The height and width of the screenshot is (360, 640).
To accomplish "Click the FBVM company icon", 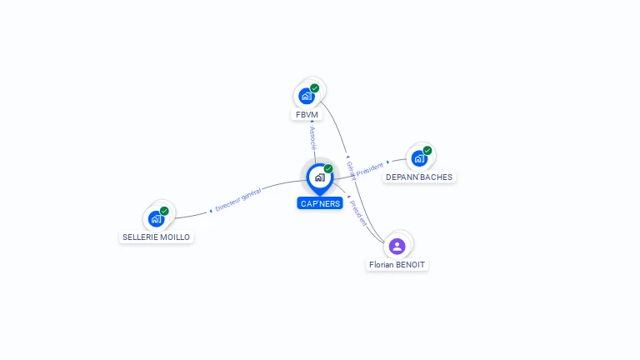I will (x=307, y=96).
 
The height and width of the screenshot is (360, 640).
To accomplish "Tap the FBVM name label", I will (x=307, y=114).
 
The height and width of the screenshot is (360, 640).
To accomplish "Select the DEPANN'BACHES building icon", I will (x=419, y=158).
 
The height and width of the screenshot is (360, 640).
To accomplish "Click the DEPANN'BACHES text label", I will (x=419, y=177).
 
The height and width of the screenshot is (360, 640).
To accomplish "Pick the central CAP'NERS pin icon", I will (x=319, y=177).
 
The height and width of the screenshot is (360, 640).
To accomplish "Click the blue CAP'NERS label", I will (x=320, y=202).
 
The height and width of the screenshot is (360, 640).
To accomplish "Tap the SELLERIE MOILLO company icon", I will (x=156, y=218).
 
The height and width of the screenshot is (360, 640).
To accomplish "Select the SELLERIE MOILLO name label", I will (x=157, y=237).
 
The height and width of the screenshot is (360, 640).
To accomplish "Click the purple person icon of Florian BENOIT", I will (x=397, y=246).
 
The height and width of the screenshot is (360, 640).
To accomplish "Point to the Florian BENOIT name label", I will (x=397, y=264).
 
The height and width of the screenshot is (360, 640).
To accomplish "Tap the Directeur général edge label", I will (x=237, y=199).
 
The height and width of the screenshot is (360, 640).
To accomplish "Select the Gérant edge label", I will (x=351, y=171).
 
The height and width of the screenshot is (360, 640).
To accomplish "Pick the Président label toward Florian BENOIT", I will (x=358, y=212).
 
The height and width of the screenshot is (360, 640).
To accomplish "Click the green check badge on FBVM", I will (x=315, y=87).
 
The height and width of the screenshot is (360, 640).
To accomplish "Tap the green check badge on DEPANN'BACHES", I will (x=427, y=151).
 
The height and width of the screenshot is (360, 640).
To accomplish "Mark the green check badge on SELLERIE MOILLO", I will (x=164, y=211).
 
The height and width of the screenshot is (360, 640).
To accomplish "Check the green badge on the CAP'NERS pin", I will (x=328, y=168).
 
